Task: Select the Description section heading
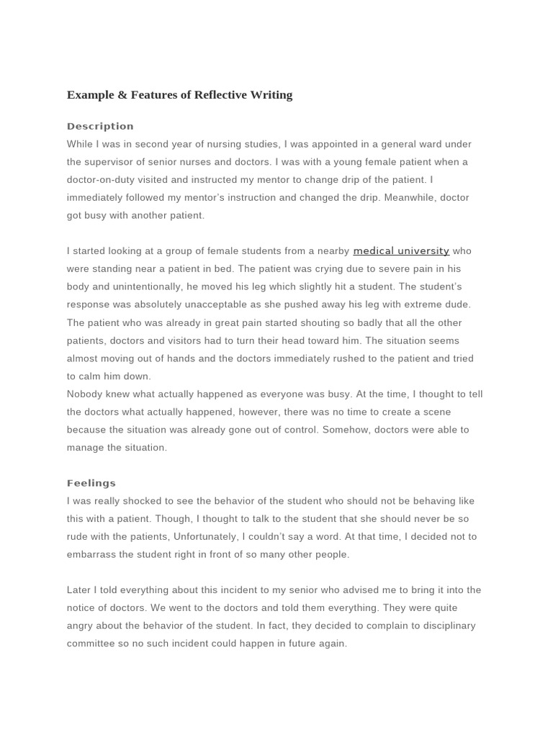[x=100, y=127]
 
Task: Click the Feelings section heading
[x=91, y=484]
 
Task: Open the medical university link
[x=401, y=251]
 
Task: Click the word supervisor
[x=110, y=163]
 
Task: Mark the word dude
[x=457, y=305]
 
